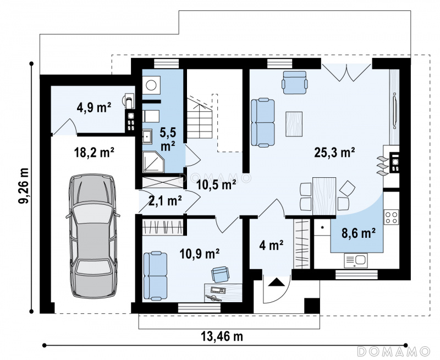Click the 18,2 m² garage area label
(94, 152)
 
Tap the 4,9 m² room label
(94, 107)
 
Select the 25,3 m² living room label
(334, 152)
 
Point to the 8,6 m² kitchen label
(359, 233)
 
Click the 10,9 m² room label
(200, 254)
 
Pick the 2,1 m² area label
(165, 200)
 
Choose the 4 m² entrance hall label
(271, 245)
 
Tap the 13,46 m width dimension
(222, 336)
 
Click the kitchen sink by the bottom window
(356, 260)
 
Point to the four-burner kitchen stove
(392, 217)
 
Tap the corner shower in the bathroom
(153, 162)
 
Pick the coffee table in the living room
(294, 124)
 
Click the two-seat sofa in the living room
(263, 122)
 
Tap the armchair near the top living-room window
(295, 82)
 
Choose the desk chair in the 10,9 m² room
(221, 274)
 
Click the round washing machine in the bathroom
(151, 85)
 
